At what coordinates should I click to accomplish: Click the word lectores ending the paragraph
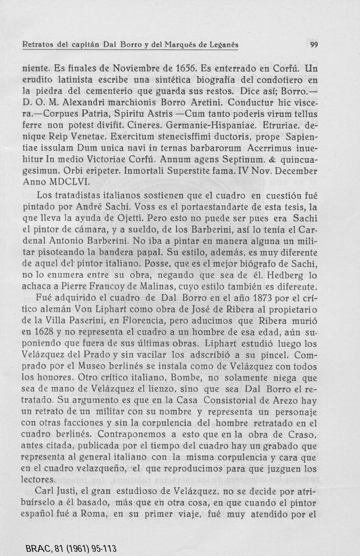38,480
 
